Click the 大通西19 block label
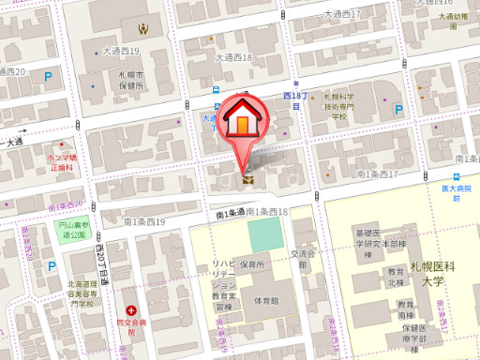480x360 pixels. pyautogui.click(x=121, y=51)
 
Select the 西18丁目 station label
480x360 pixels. pyautogui.click(x=295, y=100)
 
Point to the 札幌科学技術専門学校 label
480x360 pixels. pyautogui.click(x=339, y=107)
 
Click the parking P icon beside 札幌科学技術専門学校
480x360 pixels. pyautogui.click(x=398, y=110)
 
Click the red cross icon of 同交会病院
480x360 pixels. pyautogui.click(x=132, y=309)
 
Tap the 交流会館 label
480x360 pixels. pyautogui.click(x=301, y=259)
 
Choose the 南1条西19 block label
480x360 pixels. pyautogui.click(x=143, y=222)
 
